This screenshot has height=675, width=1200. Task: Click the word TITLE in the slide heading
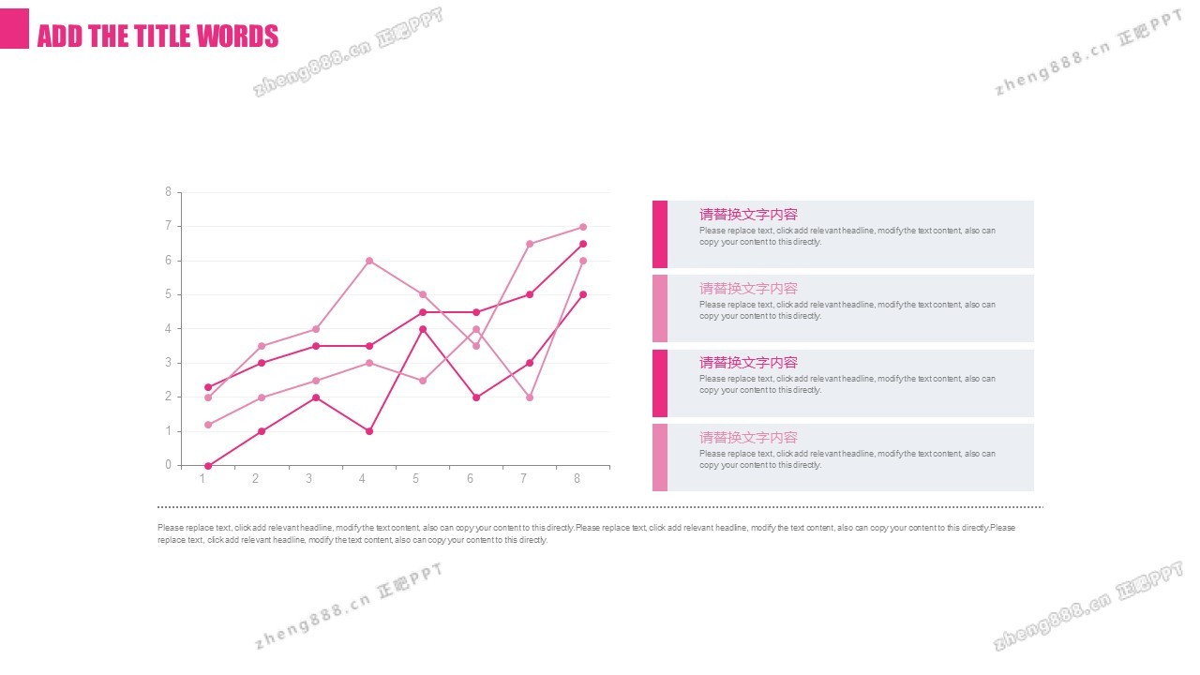click(172, 36)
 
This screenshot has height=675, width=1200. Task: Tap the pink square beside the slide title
click(14, 28)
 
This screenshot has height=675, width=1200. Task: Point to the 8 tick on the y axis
click(168, 192)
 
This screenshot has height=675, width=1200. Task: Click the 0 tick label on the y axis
click(168, 465)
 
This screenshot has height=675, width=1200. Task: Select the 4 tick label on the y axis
click(168, 329)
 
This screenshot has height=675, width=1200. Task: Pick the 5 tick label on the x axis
click(416, 479)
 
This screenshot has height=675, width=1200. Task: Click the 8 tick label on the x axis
click(577, 479)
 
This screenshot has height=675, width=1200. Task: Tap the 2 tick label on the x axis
click(255, 479)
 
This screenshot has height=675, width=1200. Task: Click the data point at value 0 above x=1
click(208, 466)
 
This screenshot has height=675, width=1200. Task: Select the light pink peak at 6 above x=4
click(369, 261)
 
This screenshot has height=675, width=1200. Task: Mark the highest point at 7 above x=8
click(583, 227)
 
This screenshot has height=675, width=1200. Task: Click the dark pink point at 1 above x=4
click(369, 431)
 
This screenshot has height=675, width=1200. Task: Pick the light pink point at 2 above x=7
click(530, 397)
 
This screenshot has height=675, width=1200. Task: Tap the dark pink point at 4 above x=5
click(423, 329)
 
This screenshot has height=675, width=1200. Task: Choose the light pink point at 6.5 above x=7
click(530, 244)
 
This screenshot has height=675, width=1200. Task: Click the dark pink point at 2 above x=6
click(476, 397)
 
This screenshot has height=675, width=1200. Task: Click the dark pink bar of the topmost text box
click(660, 233)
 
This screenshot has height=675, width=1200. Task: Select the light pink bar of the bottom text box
click(660, 457)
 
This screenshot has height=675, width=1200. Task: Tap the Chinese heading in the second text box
click(748, 289)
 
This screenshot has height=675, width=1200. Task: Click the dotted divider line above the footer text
click(600, 507)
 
